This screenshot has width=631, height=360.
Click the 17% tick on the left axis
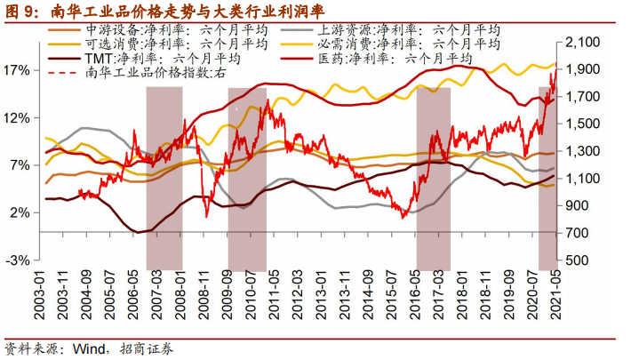coord(20,70)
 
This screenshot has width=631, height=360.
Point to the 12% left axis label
coord(20,118)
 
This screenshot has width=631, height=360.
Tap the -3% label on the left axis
coord(20,260)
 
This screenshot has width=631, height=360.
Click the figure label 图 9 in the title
coord(20,10)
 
